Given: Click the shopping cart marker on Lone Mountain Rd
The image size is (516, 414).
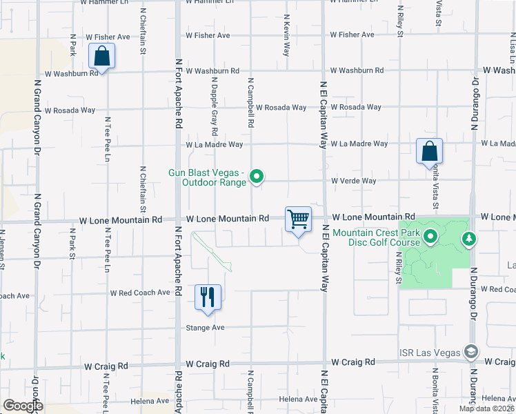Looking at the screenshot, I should [x=298, y=220].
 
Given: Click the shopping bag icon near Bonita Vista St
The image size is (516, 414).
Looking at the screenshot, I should [x=429, y=151].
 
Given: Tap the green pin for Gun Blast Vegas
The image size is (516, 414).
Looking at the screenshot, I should [x=257, y=177].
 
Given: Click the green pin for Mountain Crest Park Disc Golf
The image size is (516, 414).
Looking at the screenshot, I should [x=430, y=238].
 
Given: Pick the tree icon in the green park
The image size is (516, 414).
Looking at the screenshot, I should [x=470, y=239].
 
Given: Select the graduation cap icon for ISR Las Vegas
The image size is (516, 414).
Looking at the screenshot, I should [x=470, y=352].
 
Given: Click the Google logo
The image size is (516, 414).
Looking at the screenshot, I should [x=23, y=405].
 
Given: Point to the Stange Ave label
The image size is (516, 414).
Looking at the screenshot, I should [x=206, y=328].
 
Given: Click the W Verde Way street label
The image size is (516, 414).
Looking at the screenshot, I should [x=353, y=181].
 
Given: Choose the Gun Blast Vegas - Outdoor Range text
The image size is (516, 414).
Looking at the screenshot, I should [x=208, y=177].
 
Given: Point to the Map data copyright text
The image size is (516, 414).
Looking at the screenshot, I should [x=486, y=408].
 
